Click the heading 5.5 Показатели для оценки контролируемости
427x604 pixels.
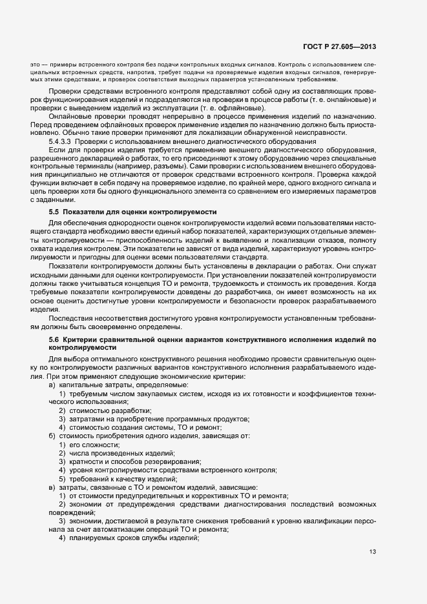[132, 212]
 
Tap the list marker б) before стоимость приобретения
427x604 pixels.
[52, 436]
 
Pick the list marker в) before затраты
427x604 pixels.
[52, 487]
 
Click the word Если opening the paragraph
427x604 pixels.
[56, 149]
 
